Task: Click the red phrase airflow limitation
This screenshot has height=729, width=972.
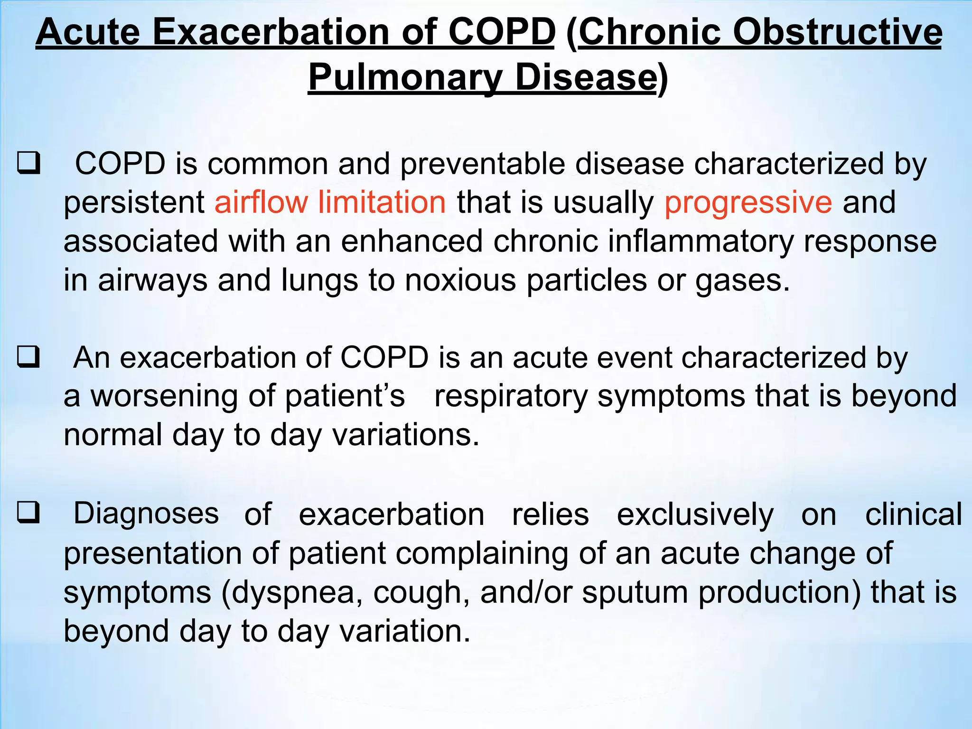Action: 330,202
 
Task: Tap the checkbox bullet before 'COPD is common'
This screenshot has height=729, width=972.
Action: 28,163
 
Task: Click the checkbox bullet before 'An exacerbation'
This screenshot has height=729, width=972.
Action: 28,357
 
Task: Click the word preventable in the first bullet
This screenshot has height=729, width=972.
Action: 482,164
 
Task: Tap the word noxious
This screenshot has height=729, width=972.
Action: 460,280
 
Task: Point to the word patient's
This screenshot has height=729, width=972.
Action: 345,396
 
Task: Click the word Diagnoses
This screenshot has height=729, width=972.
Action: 146,514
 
